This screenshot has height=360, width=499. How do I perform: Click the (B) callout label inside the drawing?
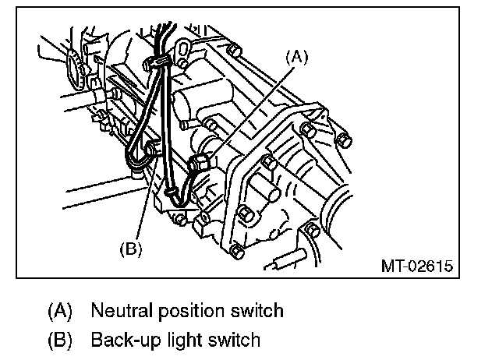coord(130,249)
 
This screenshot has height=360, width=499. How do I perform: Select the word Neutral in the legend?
coord(119,311)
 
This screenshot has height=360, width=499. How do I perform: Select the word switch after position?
coord(253,311)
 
